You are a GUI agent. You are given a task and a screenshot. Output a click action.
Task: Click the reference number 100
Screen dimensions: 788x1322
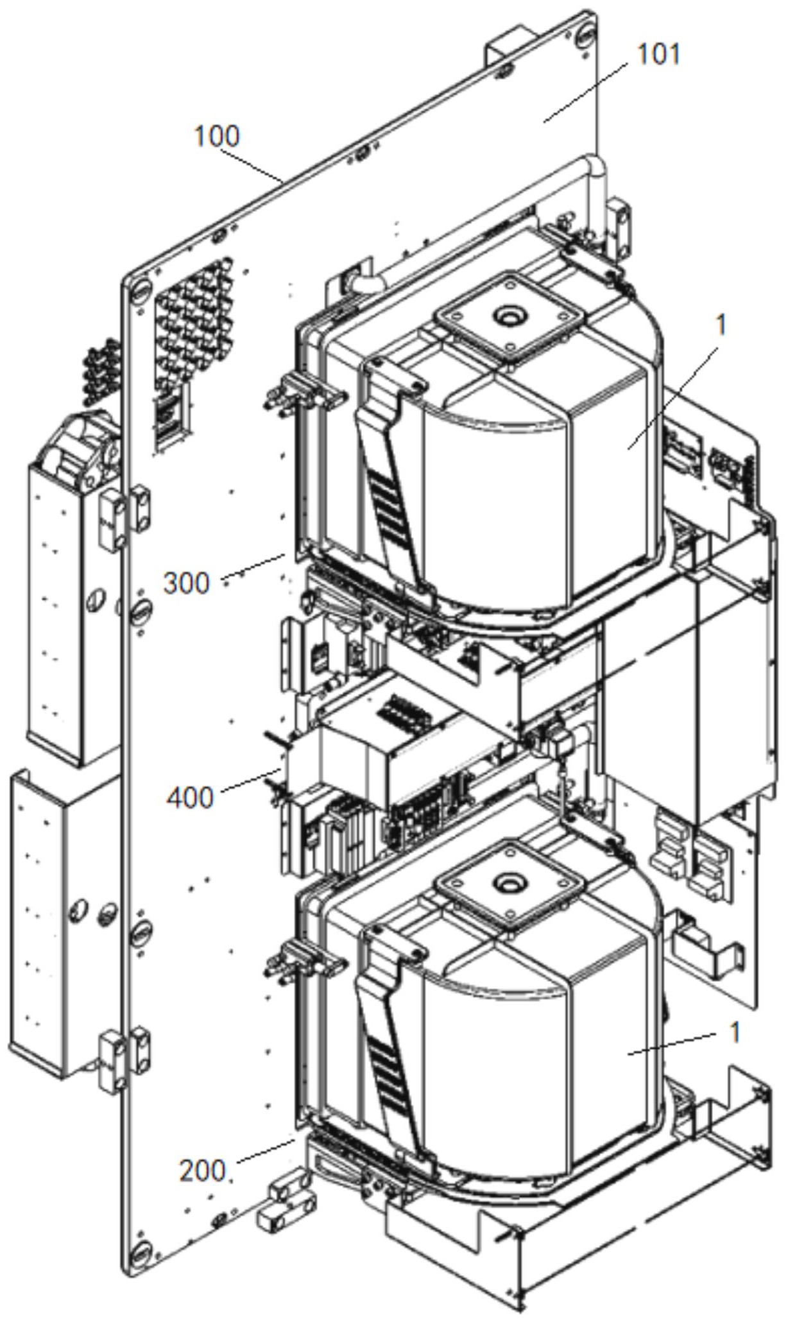point(216,137)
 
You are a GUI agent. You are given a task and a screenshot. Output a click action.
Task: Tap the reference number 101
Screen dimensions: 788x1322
point(657,55)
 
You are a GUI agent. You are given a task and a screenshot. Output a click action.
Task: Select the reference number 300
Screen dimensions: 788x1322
point(186,584)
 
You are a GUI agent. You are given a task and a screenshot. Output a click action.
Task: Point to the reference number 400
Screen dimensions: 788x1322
point(190,798)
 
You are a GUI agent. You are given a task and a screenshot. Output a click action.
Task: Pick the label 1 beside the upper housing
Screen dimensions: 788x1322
point(721,326)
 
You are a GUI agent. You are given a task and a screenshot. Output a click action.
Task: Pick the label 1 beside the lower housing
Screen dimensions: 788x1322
point(735,1033)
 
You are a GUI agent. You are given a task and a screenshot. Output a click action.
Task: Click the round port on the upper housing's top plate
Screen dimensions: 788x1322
point(510,316)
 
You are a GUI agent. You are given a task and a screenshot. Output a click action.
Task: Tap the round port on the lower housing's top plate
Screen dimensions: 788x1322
point(511,884)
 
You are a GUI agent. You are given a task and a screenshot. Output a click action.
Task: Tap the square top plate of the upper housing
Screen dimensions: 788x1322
point(511,318)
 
